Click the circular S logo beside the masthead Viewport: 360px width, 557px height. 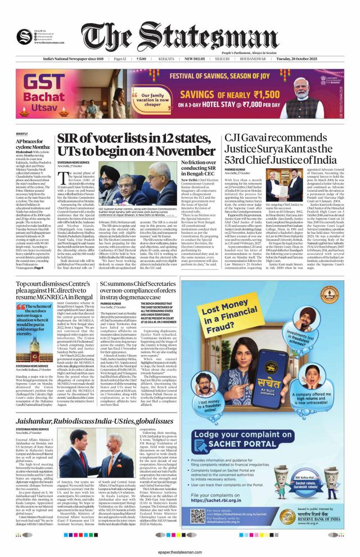tap(24, 35)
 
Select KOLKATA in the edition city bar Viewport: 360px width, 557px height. tap(166, 59)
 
